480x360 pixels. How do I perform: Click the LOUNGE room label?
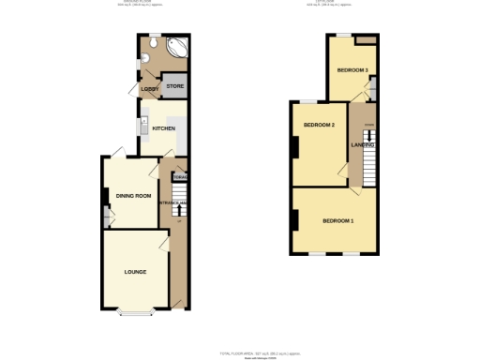pos(134,272)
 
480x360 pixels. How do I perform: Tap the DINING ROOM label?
pos(134,195)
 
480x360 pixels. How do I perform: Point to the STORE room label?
pos(174,86)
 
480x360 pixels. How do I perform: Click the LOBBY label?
pos(148,89)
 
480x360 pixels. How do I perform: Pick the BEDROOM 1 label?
pos(337,220)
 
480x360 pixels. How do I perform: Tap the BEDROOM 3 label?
pos(352,70)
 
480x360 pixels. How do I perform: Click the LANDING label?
pos(363,145)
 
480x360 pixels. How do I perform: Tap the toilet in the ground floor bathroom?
pos(154,41)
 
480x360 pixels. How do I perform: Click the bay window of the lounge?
pos(134,313)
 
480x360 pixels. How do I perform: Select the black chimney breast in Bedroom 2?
pos(295,148)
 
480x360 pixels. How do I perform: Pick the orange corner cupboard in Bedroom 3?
pos(371,40)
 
